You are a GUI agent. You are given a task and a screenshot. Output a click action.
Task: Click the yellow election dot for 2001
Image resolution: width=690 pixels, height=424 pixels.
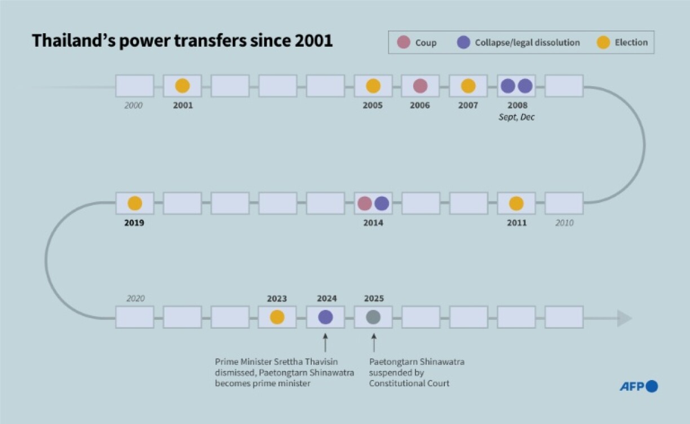(182, 86)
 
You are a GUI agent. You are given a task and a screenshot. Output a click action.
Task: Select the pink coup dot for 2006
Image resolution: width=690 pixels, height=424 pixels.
(420, 86)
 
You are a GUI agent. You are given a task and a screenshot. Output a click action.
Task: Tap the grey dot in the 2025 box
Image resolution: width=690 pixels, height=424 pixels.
(373, 317)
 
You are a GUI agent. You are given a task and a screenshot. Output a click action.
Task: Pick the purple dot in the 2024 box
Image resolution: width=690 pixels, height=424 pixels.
(325, 317)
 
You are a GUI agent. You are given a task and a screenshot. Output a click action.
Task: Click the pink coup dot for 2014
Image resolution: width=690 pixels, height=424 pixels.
(365, 204)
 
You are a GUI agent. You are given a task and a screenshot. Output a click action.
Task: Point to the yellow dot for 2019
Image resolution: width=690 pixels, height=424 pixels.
(135, 204)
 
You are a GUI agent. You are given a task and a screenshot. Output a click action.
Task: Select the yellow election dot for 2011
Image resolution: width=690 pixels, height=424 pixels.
(516, 204)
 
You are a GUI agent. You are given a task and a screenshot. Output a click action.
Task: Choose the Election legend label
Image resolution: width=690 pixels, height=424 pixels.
(631, 42)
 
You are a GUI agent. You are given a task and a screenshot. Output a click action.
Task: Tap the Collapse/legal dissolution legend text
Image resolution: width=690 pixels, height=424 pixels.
(527, 43)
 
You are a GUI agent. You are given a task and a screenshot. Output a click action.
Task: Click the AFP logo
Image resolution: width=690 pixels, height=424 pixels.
(638, 386)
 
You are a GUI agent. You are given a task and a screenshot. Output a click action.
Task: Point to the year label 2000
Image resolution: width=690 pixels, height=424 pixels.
(134, 105)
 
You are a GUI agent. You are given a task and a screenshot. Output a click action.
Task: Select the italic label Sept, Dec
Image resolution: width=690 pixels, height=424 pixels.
(516, 117)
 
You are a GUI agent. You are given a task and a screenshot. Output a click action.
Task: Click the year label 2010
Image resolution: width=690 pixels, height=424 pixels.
(564, 223)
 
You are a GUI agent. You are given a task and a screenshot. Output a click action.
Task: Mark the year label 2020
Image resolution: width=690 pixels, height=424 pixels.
(135, 299)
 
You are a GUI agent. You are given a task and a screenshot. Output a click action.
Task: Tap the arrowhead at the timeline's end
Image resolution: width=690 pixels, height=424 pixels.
(625, 318)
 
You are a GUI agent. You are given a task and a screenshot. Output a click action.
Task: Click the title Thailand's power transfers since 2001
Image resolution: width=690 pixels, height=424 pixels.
(182, 41)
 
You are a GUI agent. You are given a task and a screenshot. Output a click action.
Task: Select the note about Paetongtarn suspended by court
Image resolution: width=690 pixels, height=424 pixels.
(417, 372)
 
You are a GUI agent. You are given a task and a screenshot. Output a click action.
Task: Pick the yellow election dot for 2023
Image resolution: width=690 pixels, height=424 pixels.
(277, 317)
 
